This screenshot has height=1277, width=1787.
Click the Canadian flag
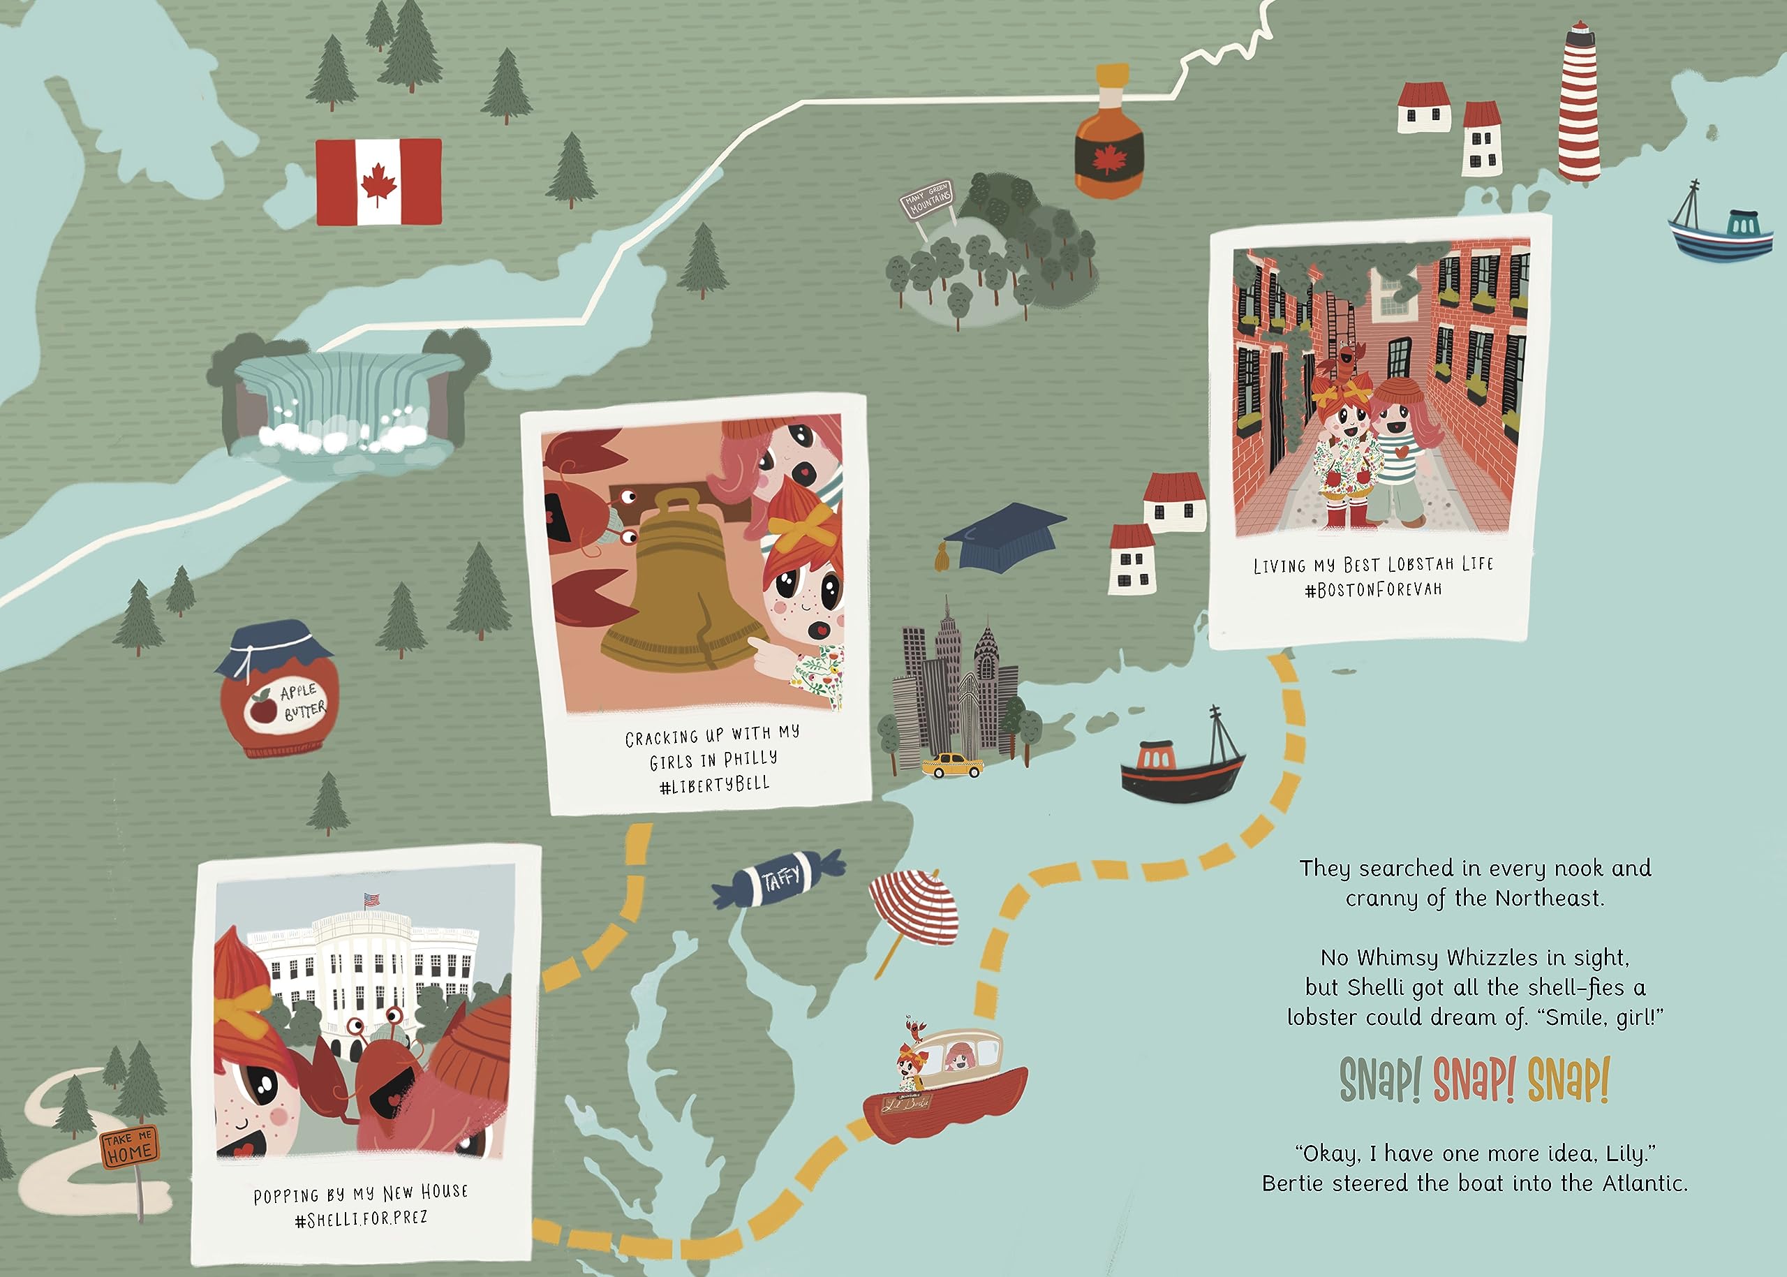pos(378,182)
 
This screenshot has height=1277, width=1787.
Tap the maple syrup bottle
pos(1108,138)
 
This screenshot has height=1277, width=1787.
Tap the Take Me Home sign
pos(129,1146)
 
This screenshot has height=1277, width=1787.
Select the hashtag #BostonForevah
pos(1372,590)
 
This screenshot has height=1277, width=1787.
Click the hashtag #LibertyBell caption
pos(714,784)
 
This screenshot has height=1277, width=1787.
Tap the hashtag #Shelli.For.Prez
pos(361,1218)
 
